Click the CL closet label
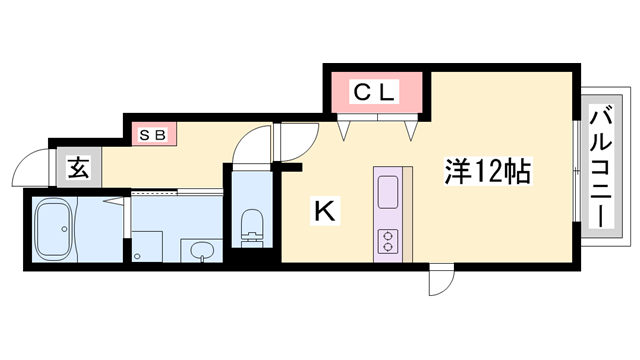374,94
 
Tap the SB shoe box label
151,133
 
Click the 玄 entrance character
79,168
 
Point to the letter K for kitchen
324,211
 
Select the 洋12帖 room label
486,171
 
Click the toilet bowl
251,224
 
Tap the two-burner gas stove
388,240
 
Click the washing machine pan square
147,246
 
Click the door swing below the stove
439,281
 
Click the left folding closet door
345,128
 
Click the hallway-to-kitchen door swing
296,143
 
